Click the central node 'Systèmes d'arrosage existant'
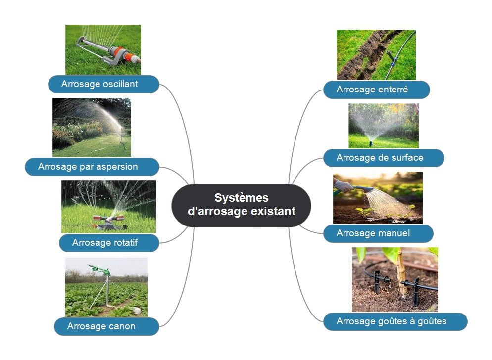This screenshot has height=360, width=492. pos(241,205)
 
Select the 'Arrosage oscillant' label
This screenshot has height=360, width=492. pos(103,84)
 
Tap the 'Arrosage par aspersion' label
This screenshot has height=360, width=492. pos(92,167)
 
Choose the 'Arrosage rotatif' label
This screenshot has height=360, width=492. pos(109,243)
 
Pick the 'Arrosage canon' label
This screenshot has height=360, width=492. pos(106,326)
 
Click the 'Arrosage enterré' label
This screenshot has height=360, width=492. pos(376,90)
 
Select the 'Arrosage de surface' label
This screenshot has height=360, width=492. pos(383,158)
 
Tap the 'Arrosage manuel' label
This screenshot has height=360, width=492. pos(378,233)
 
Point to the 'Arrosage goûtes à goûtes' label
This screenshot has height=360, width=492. pos(395,321)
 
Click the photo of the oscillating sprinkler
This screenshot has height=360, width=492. pos(103,49)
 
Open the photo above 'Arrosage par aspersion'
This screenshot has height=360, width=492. pos(92,127)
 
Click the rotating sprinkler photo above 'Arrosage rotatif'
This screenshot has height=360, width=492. pos(108,207)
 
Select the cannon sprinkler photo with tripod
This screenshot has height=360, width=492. pos(106,287)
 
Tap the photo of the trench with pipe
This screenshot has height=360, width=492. pos(376,54)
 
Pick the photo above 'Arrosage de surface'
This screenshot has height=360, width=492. pos(383,126)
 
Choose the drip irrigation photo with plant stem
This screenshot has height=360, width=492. pos(394,279)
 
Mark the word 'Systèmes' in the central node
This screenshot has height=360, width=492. pos(241,198)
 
